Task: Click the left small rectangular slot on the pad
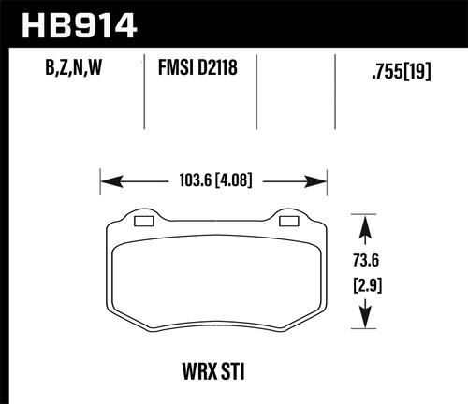click(x=144, y=222)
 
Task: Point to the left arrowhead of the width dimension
click(x=106, y=180)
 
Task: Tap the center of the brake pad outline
click(x=215, y=276)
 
